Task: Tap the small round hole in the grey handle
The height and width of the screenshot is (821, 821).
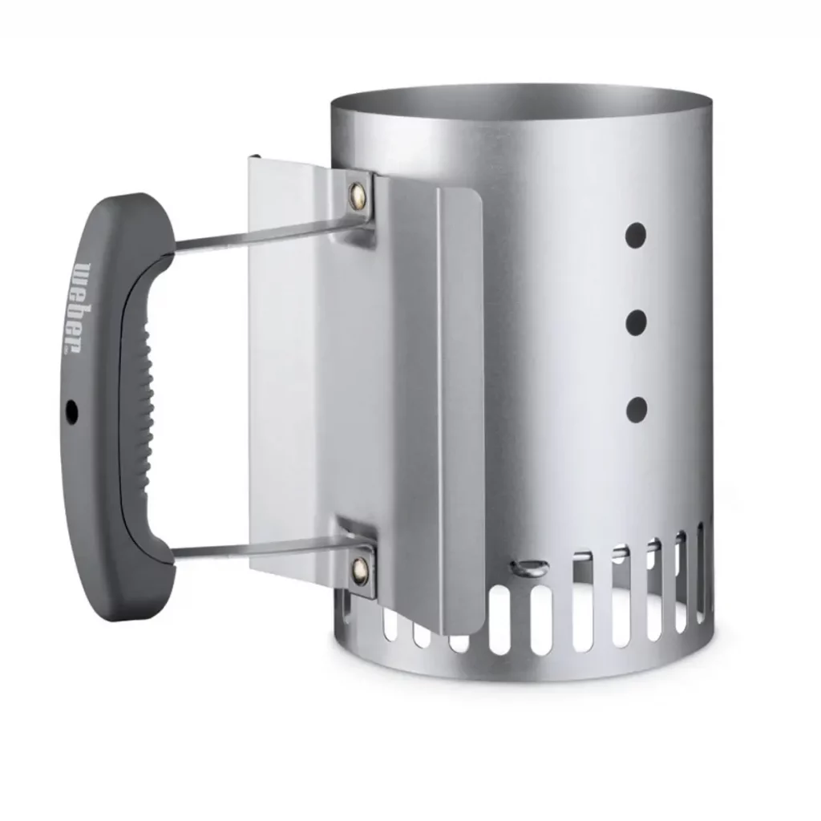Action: tap(71, 411)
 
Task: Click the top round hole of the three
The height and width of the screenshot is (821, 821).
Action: tap(636, 235)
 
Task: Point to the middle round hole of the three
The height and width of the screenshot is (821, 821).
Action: tap(636, 322)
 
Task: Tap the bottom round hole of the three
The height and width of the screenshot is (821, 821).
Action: tap(636, 409)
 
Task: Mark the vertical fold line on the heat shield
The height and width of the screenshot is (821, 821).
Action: tap(438, 401)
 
